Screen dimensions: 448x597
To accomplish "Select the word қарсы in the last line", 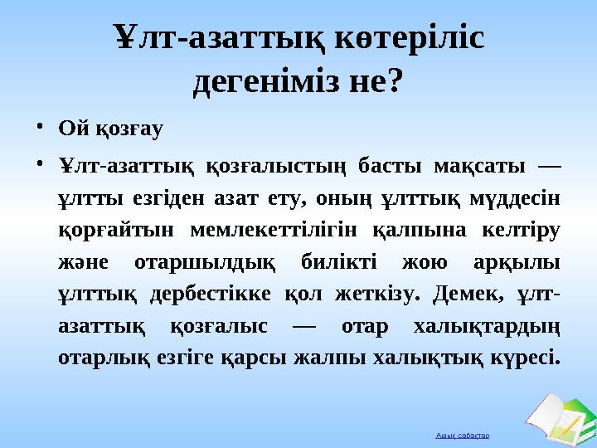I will [x=289, y=360].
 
